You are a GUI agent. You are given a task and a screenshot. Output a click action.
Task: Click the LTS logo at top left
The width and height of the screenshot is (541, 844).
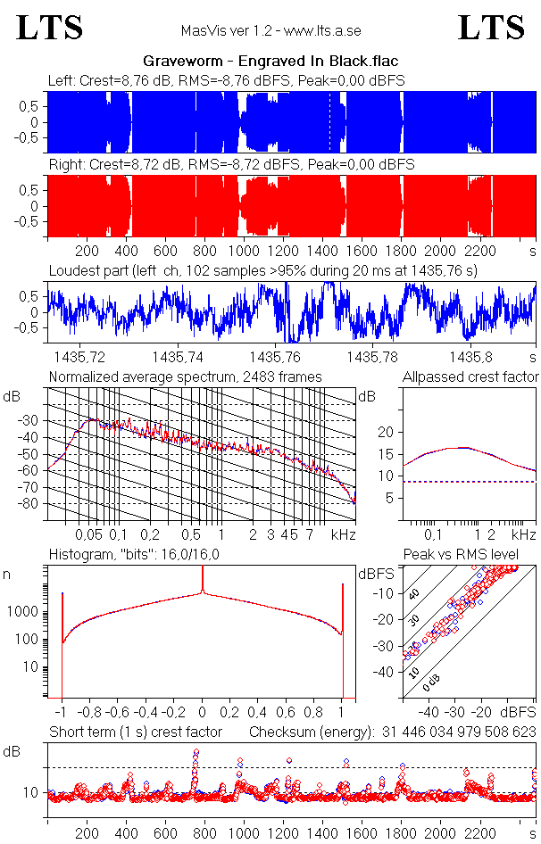50,28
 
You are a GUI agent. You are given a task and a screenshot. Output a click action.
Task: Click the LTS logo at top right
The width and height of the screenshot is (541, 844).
491,28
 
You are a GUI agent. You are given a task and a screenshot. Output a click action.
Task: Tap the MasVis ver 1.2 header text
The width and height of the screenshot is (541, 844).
270,30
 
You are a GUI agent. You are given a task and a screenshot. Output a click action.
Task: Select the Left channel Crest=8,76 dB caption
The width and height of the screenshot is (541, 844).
226,80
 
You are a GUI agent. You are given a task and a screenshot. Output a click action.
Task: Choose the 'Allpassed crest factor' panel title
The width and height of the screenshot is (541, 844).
470,376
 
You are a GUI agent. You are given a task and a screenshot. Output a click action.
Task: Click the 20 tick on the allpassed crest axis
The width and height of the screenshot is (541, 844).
386,432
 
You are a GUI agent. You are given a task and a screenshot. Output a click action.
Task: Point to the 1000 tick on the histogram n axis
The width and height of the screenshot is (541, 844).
24,612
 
